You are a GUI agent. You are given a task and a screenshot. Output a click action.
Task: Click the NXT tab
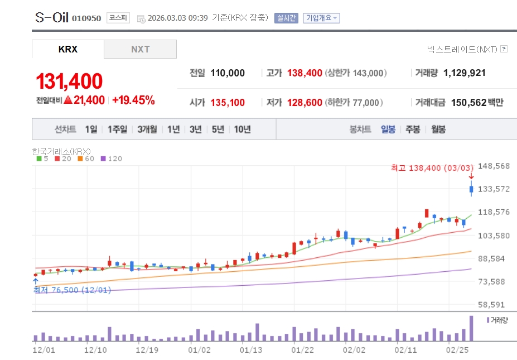141,49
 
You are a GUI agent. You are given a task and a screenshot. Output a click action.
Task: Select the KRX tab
68,49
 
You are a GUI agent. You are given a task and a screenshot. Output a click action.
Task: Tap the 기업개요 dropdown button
321,18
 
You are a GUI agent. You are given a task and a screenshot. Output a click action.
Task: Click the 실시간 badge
286,18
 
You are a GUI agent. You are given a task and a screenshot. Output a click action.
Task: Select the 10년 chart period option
242,129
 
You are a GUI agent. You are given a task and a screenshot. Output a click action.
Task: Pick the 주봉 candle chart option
413,129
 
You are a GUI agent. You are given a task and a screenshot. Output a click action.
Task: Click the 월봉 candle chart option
438,129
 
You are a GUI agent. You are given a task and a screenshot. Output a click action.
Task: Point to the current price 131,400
69,81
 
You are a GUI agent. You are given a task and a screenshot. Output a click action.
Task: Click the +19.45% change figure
133,100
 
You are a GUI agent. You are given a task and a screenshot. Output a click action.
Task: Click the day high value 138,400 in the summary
305,73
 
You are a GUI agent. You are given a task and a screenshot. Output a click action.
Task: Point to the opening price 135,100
228,103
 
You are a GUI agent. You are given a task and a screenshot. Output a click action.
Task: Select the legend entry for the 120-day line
111,159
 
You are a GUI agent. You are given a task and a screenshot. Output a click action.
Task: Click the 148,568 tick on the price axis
495,166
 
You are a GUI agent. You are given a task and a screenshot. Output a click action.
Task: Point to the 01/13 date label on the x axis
250,350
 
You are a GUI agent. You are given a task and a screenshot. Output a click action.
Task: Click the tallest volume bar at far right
471,328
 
